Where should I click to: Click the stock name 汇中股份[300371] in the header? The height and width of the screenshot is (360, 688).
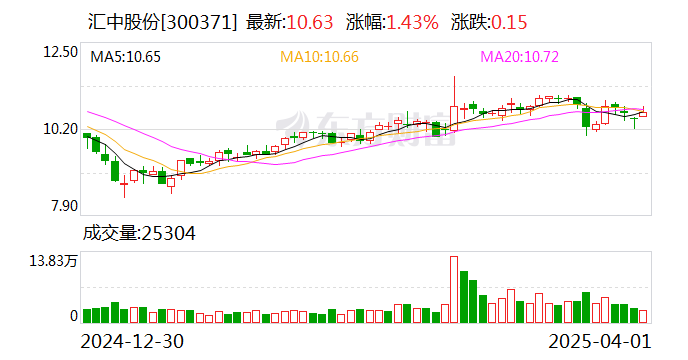tap(161, 22)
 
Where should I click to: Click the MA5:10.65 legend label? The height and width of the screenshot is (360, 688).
tap(127, 57)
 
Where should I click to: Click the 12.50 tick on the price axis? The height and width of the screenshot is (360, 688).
tap(58, 51)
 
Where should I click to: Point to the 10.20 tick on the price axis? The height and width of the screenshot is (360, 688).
tap(58, 129)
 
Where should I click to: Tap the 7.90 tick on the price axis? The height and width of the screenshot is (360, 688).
tap(62, 207)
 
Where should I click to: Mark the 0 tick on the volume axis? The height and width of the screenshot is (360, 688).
tap(73, 316)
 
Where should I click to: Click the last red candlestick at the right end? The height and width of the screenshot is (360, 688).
tap(643, 114)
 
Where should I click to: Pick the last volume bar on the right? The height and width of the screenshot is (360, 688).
tap(643, 316)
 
